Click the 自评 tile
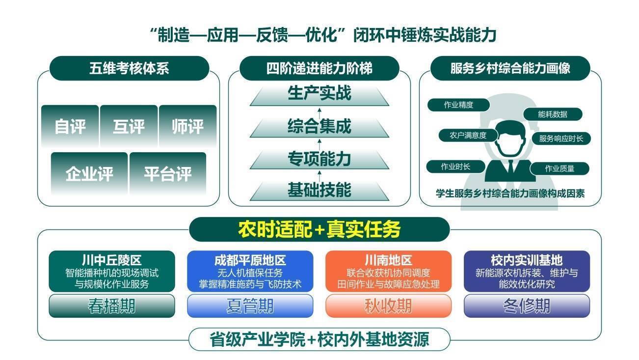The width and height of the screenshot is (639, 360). pos(70,126)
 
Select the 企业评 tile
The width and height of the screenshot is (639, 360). pos(89,173)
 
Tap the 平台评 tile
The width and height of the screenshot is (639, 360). pos(167,173)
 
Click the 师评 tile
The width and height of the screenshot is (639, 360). pos(187,126)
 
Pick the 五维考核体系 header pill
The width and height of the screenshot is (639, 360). pos(129,68)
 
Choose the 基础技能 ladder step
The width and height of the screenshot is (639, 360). pos(319,190)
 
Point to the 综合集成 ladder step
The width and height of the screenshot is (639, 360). pos(319,127)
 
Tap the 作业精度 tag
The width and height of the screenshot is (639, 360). pos(458,105)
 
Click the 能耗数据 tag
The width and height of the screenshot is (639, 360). pos(553,114)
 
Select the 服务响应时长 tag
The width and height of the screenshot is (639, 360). pos(561,138)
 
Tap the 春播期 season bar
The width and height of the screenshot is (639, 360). pos(112,306)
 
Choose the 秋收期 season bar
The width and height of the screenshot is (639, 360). pos(388,306)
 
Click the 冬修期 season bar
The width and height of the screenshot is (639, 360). pos(527,306)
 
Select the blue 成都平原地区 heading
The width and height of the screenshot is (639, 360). pos(250,260)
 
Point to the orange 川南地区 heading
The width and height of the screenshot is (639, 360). pos(388,260)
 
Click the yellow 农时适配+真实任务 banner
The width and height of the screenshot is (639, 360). pos(319,229)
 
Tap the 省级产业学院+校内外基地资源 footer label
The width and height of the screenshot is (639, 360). pos(319,339)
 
